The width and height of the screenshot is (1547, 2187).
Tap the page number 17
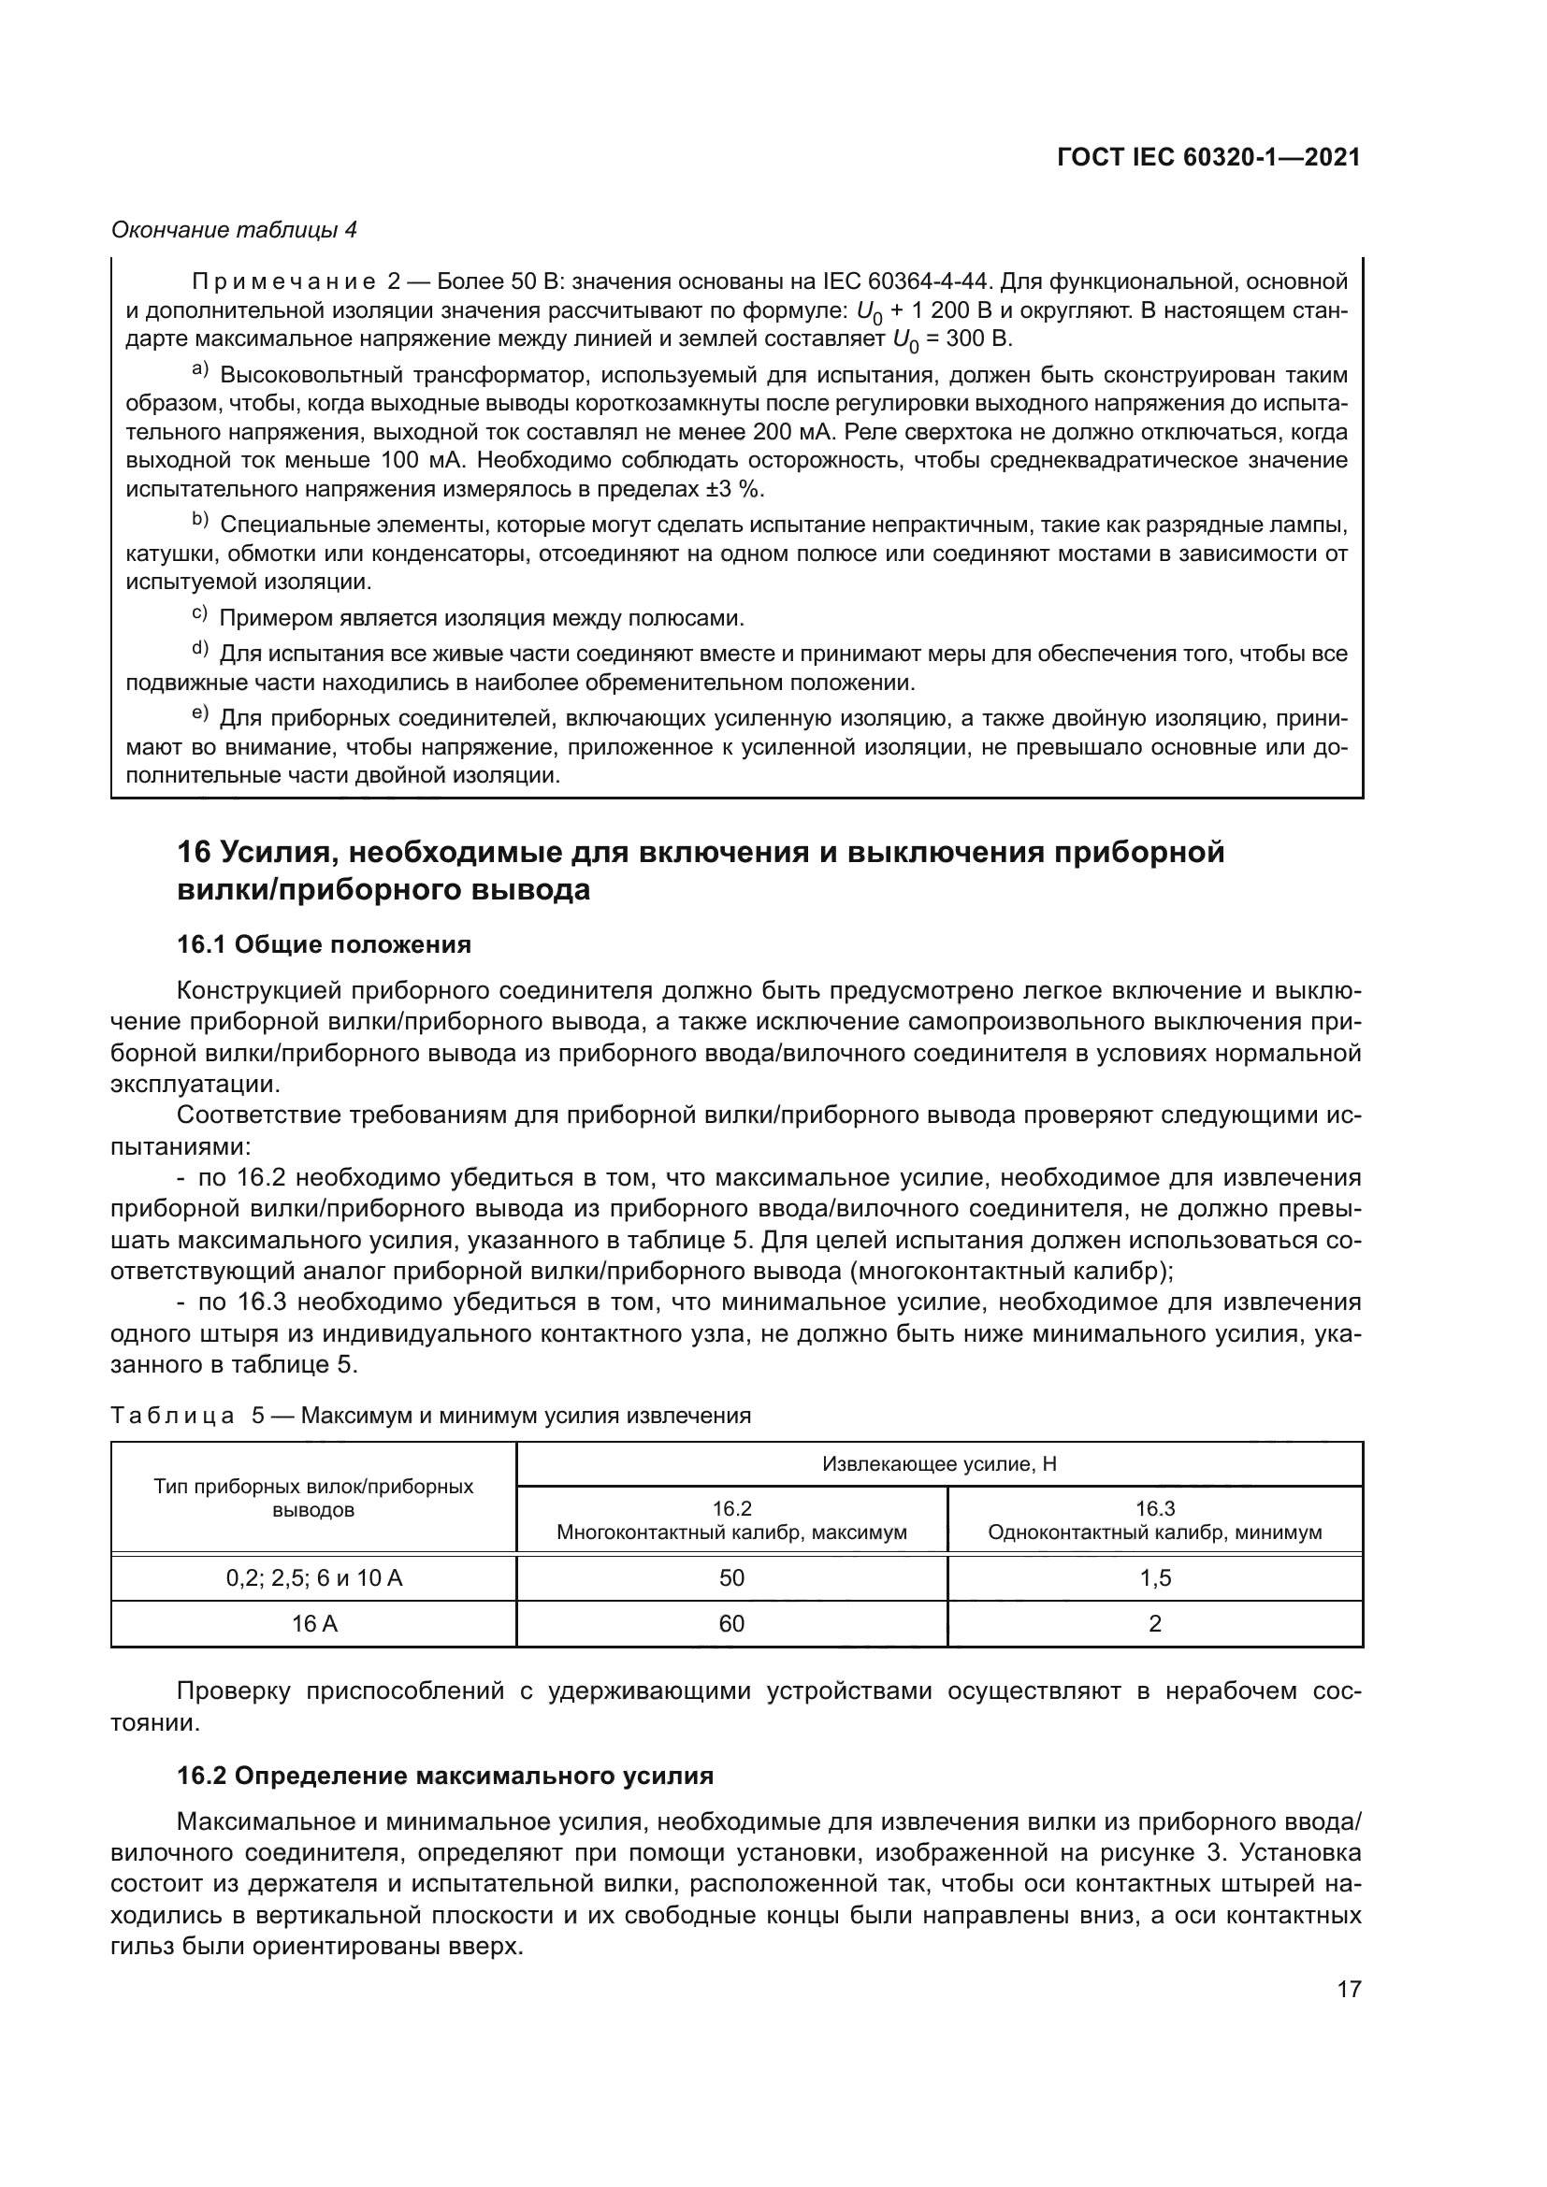click(x=1349, y=1989)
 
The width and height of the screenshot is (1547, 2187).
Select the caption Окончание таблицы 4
click(x=235, y=230)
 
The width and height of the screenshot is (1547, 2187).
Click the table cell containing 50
click(x=730, y=1578)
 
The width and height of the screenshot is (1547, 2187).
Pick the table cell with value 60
click(x=730, y=1624)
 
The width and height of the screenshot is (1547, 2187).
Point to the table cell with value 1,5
click(x=1154, y=1578)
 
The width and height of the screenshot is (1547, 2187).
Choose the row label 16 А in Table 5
click(x=313, y=1624)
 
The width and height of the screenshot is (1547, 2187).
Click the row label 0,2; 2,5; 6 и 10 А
click(x=313, y=1578)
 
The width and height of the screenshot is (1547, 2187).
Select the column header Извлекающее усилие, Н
click(x=938, y=1464)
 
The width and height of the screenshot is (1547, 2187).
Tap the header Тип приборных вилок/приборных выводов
click(x=313, y=1498)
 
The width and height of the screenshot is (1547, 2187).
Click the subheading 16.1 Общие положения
click(x=324, y=945)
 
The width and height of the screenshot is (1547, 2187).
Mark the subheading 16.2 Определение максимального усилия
click(x=445, y=1777)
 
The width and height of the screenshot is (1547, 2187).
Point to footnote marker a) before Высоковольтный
click(x=200, y=369)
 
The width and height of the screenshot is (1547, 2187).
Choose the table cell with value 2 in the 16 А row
click(x=1154, y=1624)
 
